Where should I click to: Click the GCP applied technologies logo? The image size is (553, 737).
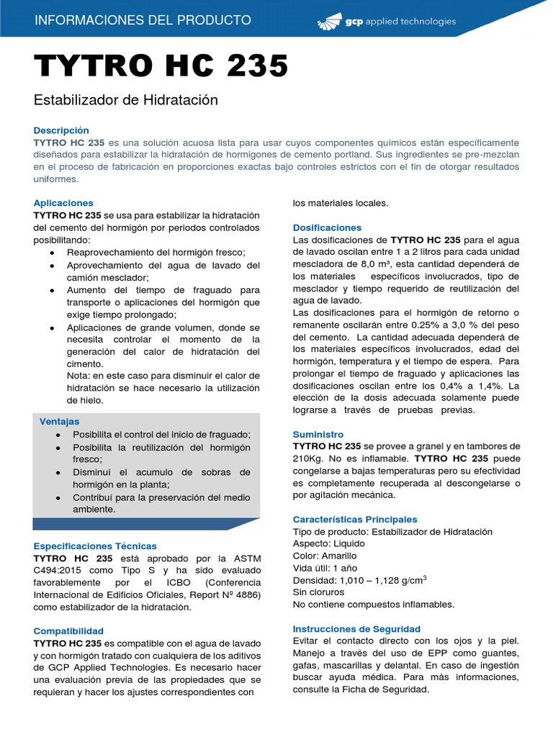[387, 22]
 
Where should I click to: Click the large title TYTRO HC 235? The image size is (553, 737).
[161, 66]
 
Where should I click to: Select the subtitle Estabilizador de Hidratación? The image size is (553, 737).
[125, 100]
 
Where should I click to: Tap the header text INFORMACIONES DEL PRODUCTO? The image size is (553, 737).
[143, 20]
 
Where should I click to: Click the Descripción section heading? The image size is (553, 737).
[61, 130]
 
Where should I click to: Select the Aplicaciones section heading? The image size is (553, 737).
[63, 203]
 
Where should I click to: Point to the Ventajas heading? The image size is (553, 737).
[59, 421]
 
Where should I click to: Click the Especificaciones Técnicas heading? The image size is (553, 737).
[95, 546]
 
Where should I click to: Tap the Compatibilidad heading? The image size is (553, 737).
[68, 630]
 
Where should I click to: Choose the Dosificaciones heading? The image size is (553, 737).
[327, 227]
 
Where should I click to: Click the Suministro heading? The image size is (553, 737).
[318, 435]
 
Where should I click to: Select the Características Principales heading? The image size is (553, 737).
[355, 519]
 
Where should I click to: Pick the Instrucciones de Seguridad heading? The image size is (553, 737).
[356, 628]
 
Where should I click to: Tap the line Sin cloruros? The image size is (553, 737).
[318, 592]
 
